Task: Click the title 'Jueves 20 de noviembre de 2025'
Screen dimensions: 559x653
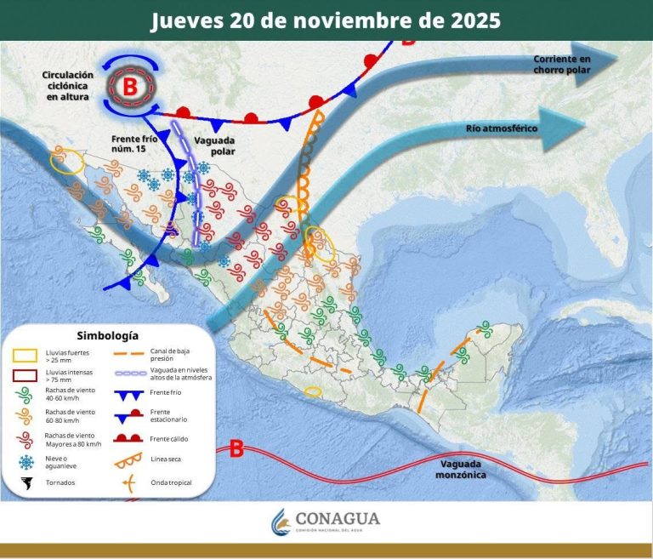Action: click(326, 20)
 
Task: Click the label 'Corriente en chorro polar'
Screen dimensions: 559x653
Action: click(561, 64)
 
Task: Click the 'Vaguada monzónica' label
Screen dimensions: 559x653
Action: click(463, 469)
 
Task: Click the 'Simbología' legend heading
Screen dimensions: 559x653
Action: click(107, 335)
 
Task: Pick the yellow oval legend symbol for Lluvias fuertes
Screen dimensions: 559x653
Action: click(26, 355)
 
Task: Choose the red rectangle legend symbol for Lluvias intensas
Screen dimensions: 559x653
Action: click(26, 375)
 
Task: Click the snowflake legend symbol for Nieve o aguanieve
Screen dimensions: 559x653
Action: click(26, 461)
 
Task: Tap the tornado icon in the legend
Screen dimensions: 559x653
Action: click(26, 482)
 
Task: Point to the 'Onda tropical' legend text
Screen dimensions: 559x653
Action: click(173, 482)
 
